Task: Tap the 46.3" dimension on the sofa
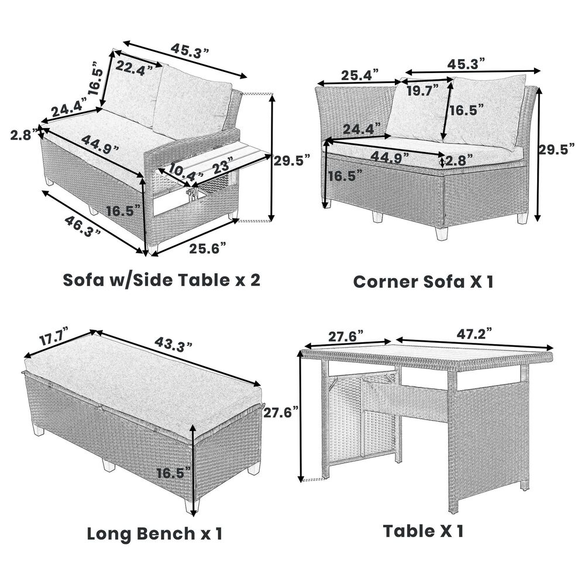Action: pos(82,226)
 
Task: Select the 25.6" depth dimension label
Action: pos(208,248)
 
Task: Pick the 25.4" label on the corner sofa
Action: pos(360,75)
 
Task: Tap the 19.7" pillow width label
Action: pos(422,90)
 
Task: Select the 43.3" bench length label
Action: pos(174,345)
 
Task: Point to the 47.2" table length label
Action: pos(474,333)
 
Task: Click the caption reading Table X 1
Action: pos(423,531)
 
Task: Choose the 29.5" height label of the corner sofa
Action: pos(556,150)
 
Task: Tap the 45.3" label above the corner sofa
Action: pos(466,64)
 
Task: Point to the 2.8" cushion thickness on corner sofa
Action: pos(459,160)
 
